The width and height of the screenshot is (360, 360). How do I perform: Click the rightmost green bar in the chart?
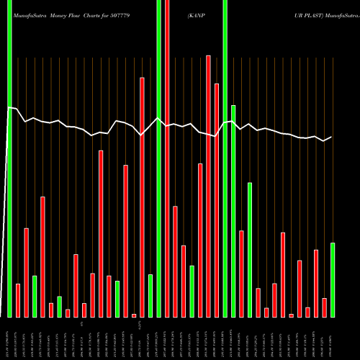point(333,280)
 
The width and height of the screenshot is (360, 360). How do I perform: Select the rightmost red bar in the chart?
point(324,307)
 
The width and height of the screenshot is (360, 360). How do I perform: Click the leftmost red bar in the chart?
point(18,300)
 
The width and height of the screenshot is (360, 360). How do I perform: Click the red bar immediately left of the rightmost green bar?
point(324,307)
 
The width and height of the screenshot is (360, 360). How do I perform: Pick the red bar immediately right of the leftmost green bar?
point(18,300)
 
